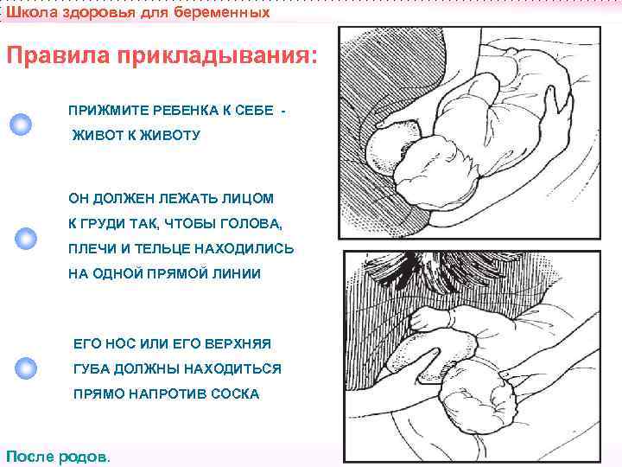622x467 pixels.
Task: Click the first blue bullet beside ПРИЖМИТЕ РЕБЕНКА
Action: click(21, 124)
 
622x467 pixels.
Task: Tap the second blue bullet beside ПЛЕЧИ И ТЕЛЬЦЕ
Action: click(26, 237)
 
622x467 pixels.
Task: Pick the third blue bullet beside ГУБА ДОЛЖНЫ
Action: click(27, 368)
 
